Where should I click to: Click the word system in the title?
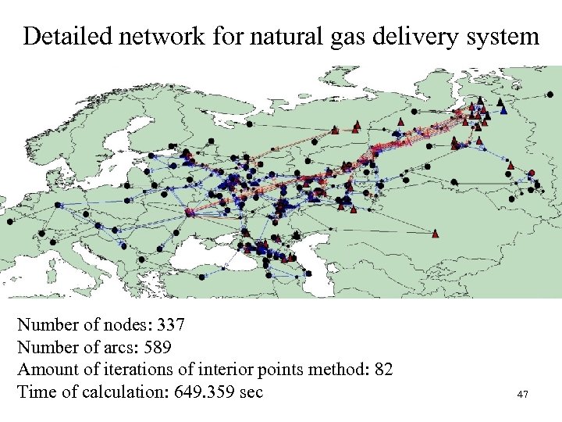(507, 36)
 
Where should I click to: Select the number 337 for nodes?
(171, 324)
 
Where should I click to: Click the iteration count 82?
(382, 369)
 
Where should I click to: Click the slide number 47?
(522, 395)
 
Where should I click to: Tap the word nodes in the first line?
(130, 324)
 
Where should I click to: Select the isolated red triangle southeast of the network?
(435, 232)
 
